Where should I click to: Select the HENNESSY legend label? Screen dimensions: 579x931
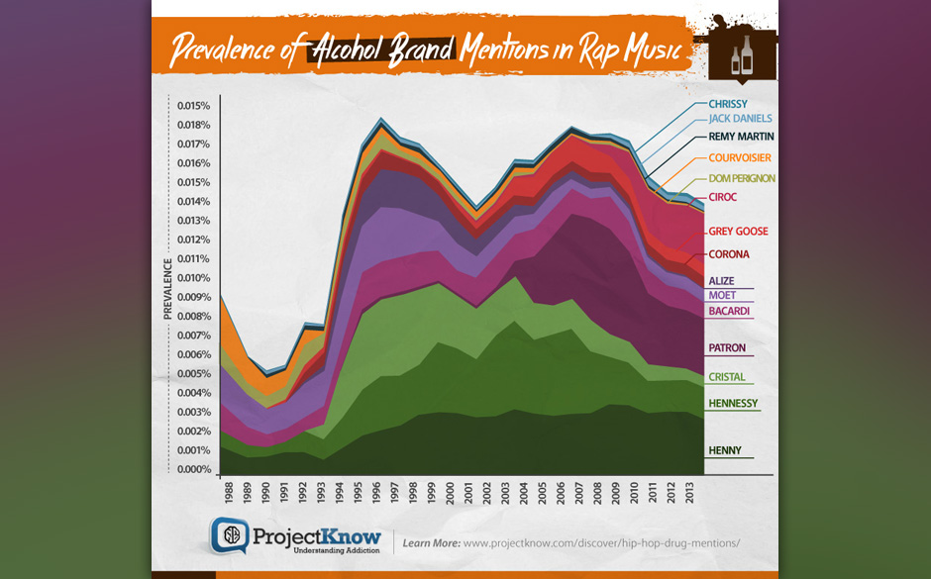(733, 404)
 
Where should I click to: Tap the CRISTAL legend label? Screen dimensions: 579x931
(726, 377)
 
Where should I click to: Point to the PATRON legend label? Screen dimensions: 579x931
(726, 348)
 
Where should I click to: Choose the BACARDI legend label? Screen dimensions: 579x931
(728, 312)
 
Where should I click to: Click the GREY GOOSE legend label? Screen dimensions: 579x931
(738, 232)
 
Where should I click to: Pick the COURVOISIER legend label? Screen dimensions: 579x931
(739, 158)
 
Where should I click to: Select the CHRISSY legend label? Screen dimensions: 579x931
(728, 104)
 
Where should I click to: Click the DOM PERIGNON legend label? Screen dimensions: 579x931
(741, 178)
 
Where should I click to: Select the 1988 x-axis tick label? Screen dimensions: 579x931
(230, 493)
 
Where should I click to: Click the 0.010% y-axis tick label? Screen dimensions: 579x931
(193, 278)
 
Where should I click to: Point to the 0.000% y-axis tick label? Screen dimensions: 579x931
(193, 469)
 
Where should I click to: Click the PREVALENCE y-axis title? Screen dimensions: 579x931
(168, 288)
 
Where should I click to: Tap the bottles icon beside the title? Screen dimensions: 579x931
(742, 55)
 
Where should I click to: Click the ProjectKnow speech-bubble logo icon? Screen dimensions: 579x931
(230, 535)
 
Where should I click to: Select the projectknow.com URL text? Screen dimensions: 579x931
(601, 542)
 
